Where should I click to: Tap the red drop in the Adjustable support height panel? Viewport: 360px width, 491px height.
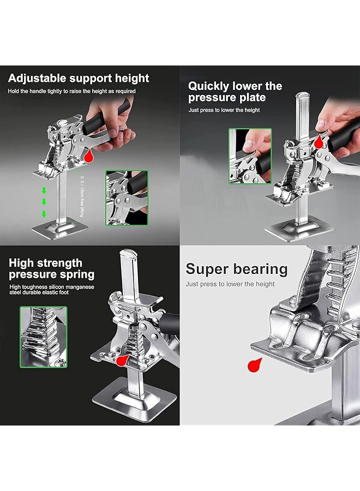point(88,157)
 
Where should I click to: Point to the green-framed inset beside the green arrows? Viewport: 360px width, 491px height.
point(127,197)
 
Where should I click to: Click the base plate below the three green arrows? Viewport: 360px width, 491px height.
point(58,227)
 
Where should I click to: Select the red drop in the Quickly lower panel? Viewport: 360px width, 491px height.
point(318,143)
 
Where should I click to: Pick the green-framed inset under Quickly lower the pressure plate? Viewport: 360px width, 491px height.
point(250,155)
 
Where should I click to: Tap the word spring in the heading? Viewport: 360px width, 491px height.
point(77,274)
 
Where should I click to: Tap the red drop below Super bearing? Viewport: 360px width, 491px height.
point(253,366)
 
